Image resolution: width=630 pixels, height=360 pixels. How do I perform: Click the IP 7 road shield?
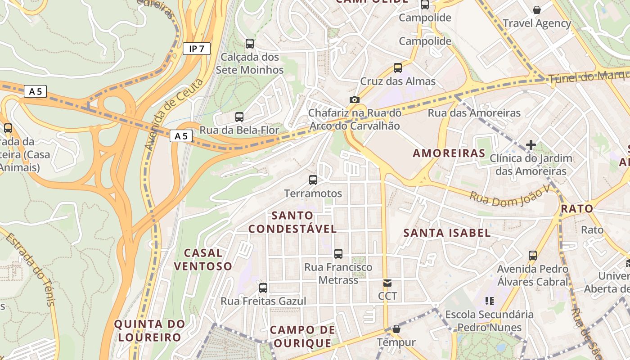coord(197,49)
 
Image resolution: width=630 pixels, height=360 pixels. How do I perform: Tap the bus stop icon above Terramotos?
coord(313,180)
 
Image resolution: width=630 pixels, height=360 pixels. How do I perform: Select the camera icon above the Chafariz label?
coord(355,99)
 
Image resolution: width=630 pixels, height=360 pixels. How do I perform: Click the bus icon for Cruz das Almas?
coord(398,68)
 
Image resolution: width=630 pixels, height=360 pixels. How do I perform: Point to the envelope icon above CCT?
coord(387,283)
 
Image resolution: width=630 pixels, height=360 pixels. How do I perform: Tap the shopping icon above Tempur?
coord(396,329)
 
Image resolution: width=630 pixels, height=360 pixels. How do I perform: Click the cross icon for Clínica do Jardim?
coord(531,145)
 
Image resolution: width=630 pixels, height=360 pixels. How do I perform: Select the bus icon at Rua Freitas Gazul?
coord(263,288)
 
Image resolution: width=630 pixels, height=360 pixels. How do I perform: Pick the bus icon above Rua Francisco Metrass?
coord(338,254)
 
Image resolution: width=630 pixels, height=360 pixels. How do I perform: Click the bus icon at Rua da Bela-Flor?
coord(239,117)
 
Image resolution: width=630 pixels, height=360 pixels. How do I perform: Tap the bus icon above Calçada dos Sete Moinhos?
coord(250,44)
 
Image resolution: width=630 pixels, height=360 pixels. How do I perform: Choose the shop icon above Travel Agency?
coord(537,10)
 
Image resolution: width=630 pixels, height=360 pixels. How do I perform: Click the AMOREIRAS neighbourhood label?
coord(449,153)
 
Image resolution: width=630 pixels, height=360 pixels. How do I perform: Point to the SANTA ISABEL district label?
coord(447,233)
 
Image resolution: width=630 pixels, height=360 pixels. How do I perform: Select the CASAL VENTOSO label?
coord(203,259)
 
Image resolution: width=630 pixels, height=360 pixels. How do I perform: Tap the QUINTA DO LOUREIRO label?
coord(149,330)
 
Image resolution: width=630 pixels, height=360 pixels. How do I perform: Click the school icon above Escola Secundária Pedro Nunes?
coord(489,301)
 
